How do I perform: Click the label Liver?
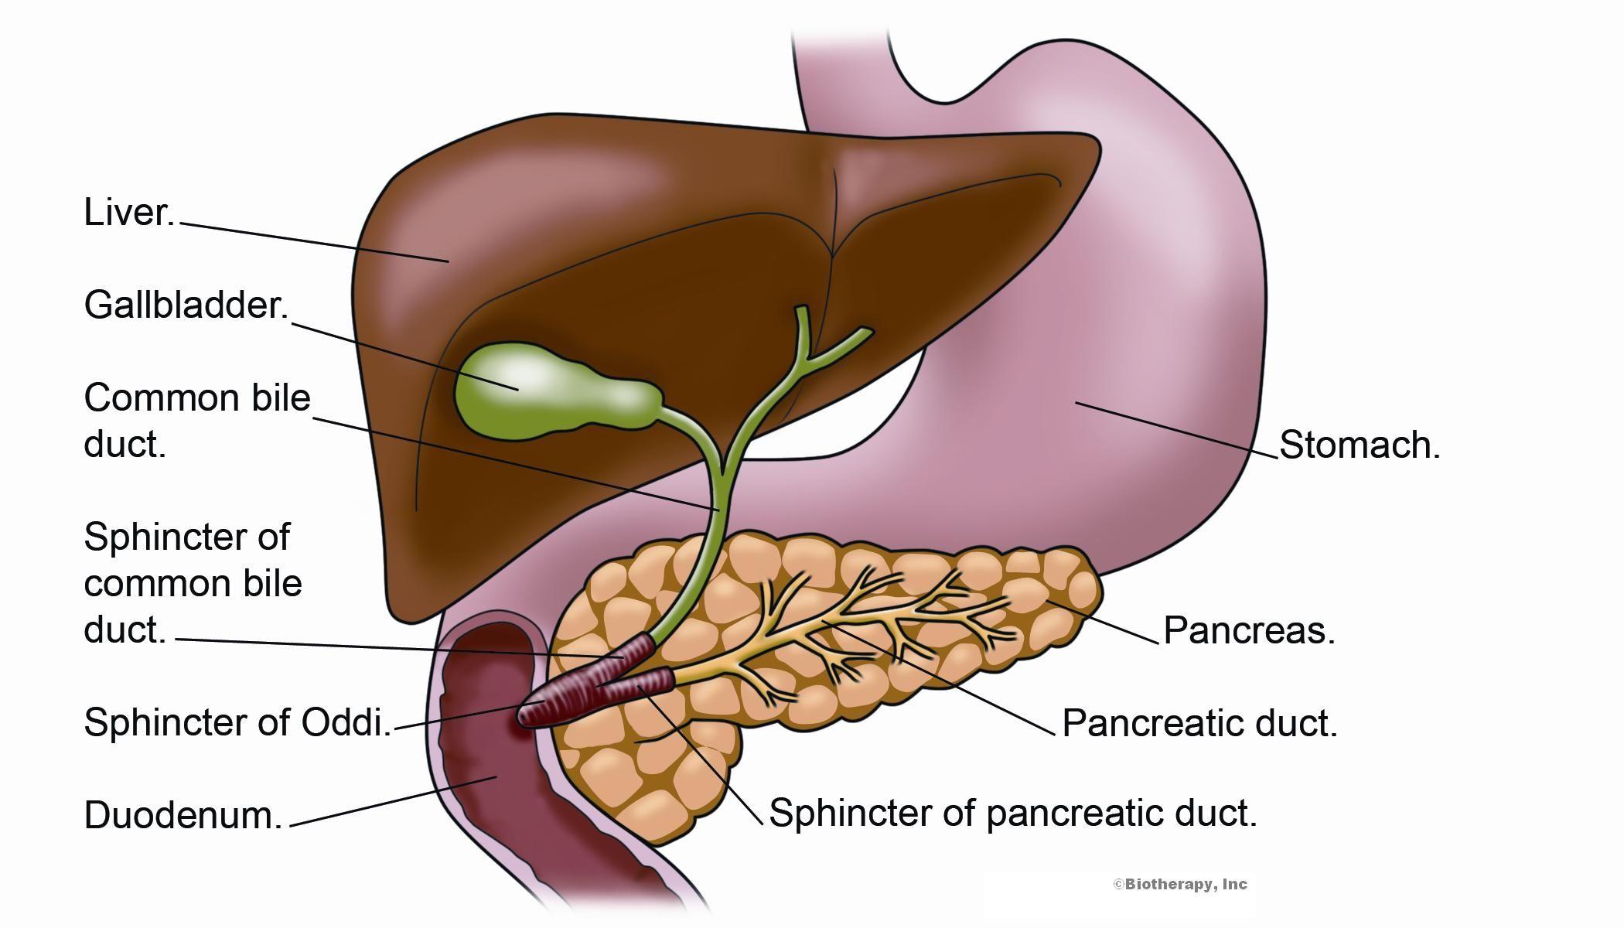[x=129, y=213]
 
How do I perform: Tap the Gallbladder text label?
[x=186, y=305]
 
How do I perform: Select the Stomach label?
[x=1360, y=445]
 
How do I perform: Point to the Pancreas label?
[x=1249, y=631]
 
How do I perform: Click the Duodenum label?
[x=183, y=816]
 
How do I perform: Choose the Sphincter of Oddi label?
[x=237, y=723]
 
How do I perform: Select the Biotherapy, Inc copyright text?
[x=1180, y=884]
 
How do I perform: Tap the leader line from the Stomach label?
[x=1175, y=430]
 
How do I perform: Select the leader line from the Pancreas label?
[x=1102, y=621]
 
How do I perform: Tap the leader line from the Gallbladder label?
[x=402, y=354]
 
